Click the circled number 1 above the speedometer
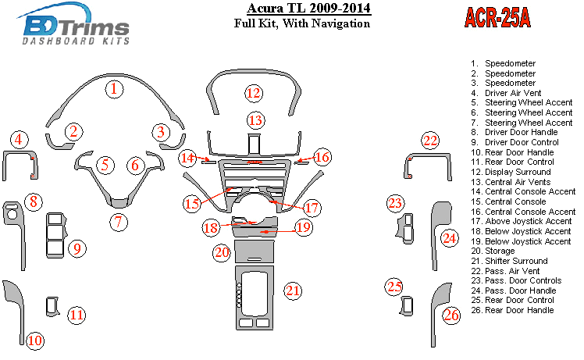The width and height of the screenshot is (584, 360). point(114,89)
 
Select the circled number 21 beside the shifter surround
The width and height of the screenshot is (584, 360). point(293,291)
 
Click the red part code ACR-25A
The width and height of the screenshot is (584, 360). point(497,18)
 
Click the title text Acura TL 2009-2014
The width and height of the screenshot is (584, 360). point(297,9)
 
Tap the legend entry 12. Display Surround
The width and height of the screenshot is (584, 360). point(516,172)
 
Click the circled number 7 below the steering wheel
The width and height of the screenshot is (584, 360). point(118,222)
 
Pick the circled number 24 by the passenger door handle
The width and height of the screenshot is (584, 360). point(448,238)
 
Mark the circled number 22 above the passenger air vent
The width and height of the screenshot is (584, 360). point(430,141)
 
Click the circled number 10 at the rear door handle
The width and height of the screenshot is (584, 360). point(35,340)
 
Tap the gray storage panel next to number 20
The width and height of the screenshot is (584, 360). point(254,252)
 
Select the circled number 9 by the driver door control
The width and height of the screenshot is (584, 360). point(77,249)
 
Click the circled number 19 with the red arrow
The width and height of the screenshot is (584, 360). point(304,228)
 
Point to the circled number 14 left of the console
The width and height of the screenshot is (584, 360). point(187,159)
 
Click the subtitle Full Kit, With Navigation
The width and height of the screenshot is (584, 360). point(302,24)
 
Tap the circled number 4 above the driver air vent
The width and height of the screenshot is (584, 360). point(20,140)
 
